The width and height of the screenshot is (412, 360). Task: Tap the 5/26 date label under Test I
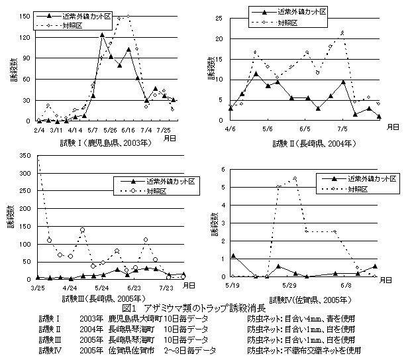(x=109, y=129)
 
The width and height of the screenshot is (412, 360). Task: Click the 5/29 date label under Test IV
(x=294, y=285)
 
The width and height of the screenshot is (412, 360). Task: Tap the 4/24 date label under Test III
(x=68, y=288)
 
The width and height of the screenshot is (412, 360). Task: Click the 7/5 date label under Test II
(x=342, y=129)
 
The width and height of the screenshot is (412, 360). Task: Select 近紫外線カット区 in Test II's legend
(x=304, y=12)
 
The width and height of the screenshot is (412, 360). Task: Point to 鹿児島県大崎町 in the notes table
(x=129, y=319)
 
